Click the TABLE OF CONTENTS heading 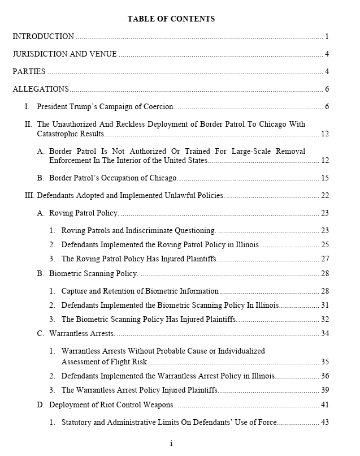[x=171, y=19]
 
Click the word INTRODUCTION [x=43, y=37]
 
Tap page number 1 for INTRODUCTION [x=327, y=37]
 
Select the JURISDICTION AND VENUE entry [x=64, y=54]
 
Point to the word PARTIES [x=29, y=72]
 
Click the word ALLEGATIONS [x=41, y=89]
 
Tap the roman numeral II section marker [x=28, y=124]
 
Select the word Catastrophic [x=58, y=134]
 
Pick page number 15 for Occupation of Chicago [x=324, y=178]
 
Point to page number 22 [x=324, y=196]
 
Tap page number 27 [x=324, y=259]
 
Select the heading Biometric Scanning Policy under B [x=93, y=274]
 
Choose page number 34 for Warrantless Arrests [x=324, y=334]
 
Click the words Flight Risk [x=131, y=362]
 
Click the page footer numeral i [x=171, y=444]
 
